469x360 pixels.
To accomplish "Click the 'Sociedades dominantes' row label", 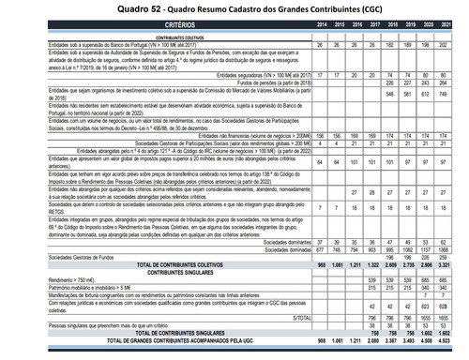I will click(x=286, y=241).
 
